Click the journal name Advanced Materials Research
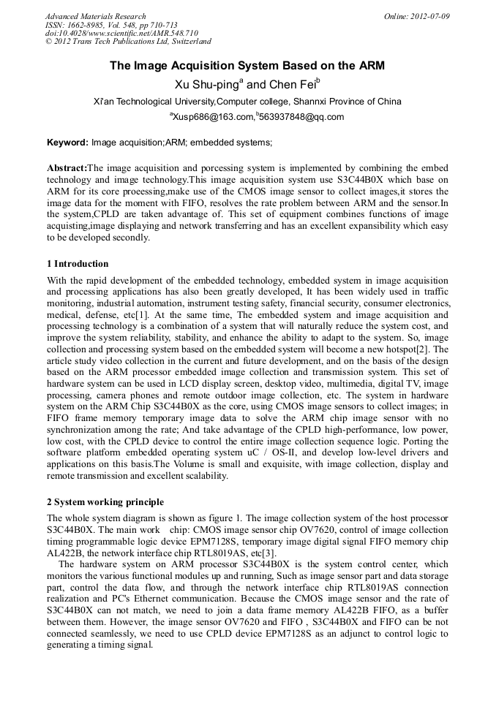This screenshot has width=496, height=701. click(x=96, y=16)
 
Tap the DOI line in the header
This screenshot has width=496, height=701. click(x=121, y=34)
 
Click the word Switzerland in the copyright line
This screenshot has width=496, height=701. click(x=184, y=42)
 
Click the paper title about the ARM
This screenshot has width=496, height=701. click(x=247, y=66)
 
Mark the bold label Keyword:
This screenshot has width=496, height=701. click(x=67, y=142)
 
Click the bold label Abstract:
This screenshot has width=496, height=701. click(x=67, y=167)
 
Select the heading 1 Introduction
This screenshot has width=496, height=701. click(x=78, y=263)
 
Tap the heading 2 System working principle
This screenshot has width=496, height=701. click(x=105, y=501)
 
